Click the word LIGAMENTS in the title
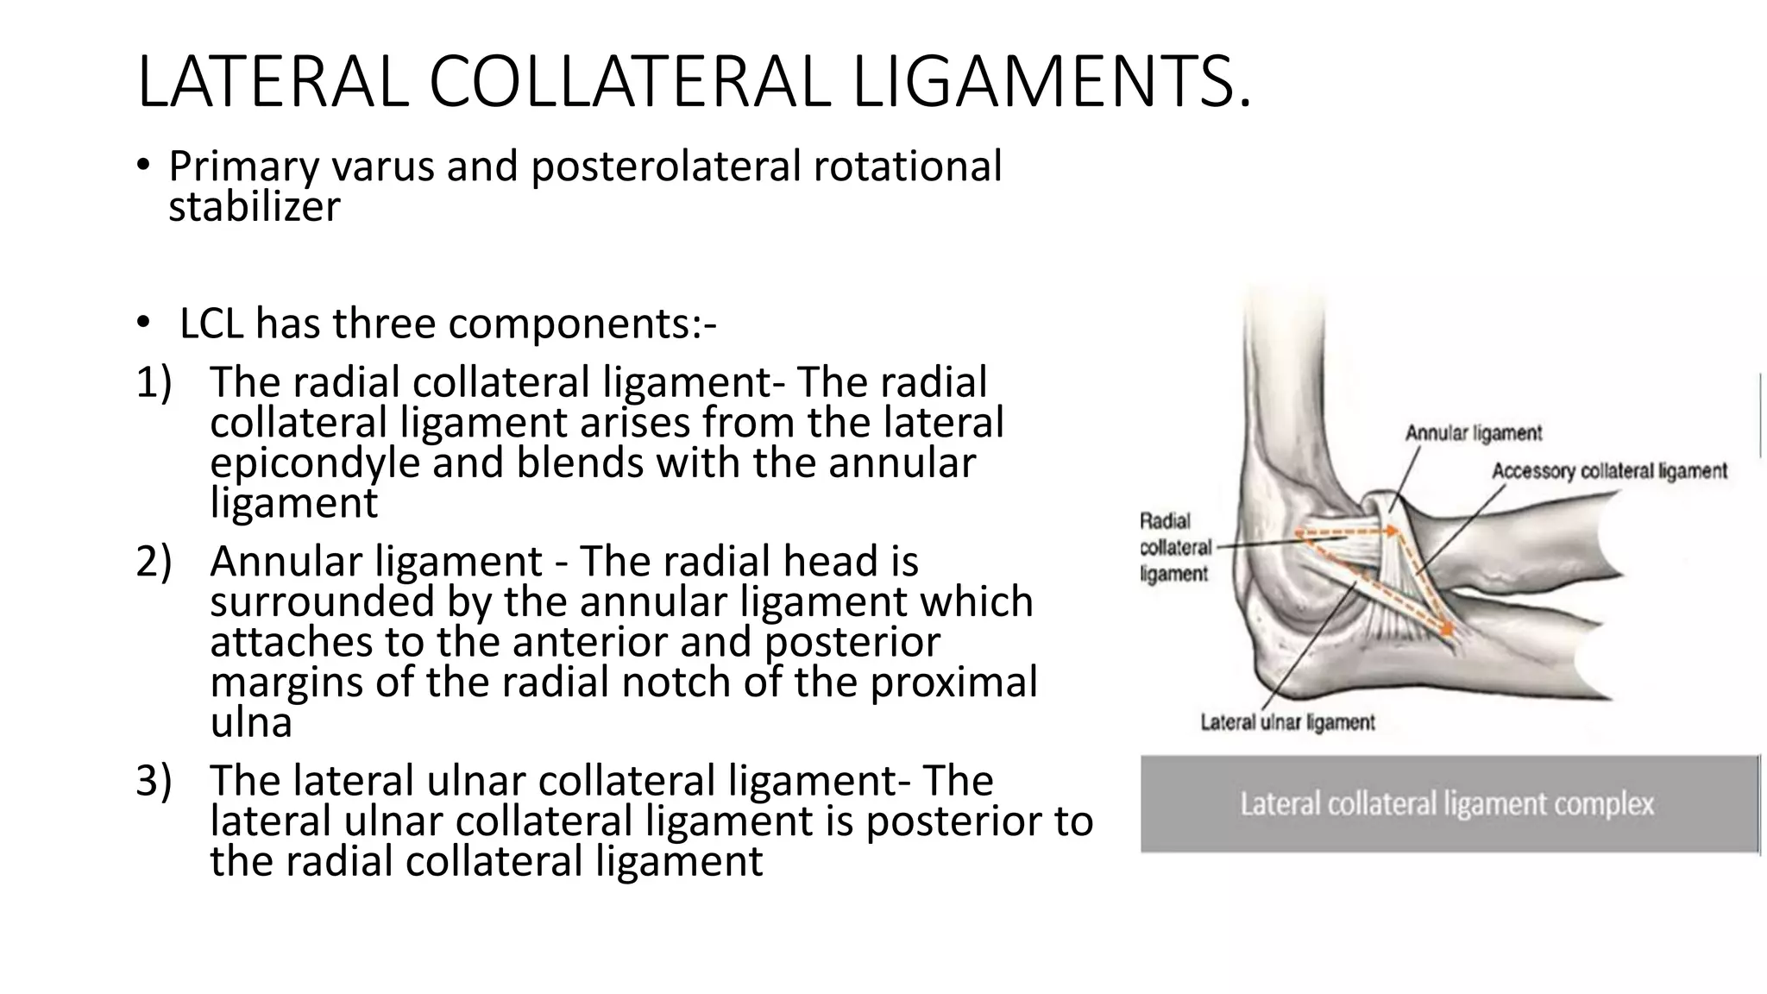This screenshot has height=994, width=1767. (1052, 82)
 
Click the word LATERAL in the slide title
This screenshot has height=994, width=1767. (273, 82)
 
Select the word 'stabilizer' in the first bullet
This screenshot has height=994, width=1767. (255, 206)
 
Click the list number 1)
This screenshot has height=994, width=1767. (154, 382)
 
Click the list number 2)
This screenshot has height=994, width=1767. (154, 562)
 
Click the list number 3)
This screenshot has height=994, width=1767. (154, 781)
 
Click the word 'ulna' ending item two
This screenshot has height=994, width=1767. (251, 723)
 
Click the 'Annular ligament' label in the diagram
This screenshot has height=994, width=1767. (1474, 433)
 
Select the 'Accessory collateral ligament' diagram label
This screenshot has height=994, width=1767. (1610, 471)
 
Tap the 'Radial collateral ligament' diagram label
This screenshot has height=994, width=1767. (1174, 547)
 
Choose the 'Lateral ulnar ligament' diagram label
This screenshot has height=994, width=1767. (1287, 722)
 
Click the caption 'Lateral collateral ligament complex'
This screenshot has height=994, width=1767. (1447, 804)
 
